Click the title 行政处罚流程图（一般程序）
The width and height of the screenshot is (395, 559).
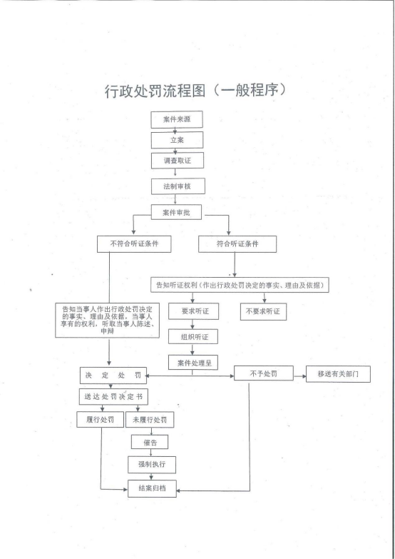click(x=195, y=91)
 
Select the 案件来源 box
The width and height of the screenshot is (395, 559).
click(x=177, y=119)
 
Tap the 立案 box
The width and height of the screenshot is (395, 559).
click(x=177, y=140)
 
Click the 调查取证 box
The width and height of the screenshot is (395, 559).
click(x=178, y=161)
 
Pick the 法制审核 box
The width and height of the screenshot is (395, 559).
click(x=178, y=186)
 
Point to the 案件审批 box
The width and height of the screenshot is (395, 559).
click(x=177, y=213)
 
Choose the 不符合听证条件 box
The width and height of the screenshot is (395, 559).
click(x=134, y=244)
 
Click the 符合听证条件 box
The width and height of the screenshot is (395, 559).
click(x=237, y=244)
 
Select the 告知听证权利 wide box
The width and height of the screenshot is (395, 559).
click(x=240, y=285)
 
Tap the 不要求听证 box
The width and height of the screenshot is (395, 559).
click(x=263, y=311)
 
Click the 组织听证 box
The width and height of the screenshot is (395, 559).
click(x=193, y=336)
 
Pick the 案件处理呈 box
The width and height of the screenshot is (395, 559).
click(x=193, y=363)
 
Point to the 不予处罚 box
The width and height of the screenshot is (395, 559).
click(x=264, y=373)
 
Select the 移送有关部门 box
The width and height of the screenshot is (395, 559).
click(x=338, y=374)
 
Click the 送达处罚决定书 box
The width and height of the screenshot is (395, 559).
click(x=113, y=396)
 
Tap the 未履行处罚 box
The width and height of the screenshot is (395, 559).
click(x=150, y=420)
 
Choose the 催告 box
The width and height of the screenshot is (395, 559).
click(x=150, y=443)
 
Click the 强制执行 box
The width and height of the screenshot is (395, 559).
click(x=152, y=465)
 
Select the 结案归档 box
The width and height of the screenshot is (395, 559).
click(x=152, y=488)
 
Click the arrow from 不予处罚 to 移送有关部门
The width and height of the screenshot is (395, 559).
click(x=299, y=376)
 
